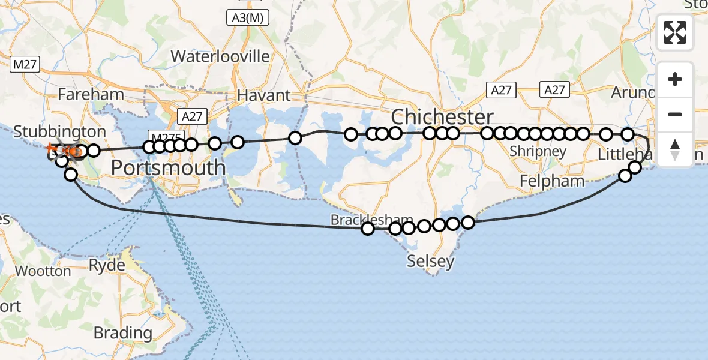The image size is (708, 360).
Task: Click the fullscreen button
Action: pyautogui.click(x=675, y=32)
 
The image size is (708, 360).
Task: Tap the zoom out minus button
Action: pyautogui.click(x=675, y=114)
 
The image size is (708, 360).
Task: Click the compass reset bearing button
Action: pyautogui.click(x=675, y=149)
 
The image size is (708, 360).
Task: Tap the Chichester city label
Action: pyautogui.click(x=443, y=116)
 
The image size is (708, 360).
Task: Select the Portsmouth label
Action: pyautogui.click(x=168, y=167)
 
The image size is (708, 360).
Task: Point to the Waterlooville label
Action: pyautogui.click(x=220, y=56)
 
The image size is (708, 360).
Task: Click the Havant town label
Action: pyautogui.click(x=264, y=95)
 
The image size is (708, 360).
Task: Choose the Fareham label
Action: pyautogui.click(x=91, y=94)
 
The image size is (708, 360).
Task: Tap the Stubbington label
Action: pyautogui.click(x=59, y=131)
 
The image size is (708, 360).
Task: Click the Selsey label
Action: pyautogui.click(x=430, y=261)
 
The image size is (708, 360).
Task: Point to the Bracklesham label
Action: pyautogui.click(x=363, y=220)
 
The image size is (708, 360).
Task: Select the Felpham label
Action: pyautogui.click(x=552, y=181)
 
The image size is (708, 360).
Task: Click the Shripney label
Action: pyautogui.click(x=538, y=151)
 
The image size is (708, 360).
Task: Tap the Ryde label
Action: pyautogui.click(x=107, y=265)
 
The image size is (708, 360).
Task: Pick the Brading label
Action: pyautogui.click(x=123, y=332)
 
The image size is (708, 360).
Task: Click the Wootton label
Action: pyautogui.click(x=43, y=271)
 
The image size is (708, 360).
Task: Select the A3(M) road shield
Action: pyautogui.click(x=248, y=18)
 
